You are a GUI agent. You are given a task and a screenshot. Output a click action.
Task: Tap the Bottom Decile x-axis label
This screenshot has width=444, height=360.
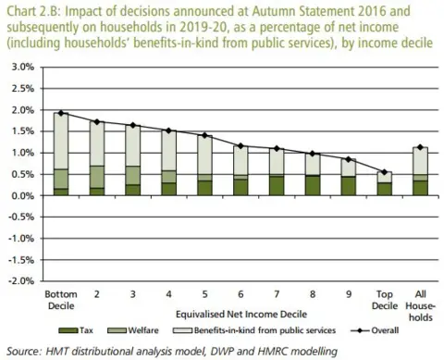[60, 299]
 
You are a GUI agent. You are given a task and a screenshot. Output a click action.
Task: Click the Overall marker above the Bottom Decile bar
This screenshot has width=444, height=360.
[60, 114]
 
